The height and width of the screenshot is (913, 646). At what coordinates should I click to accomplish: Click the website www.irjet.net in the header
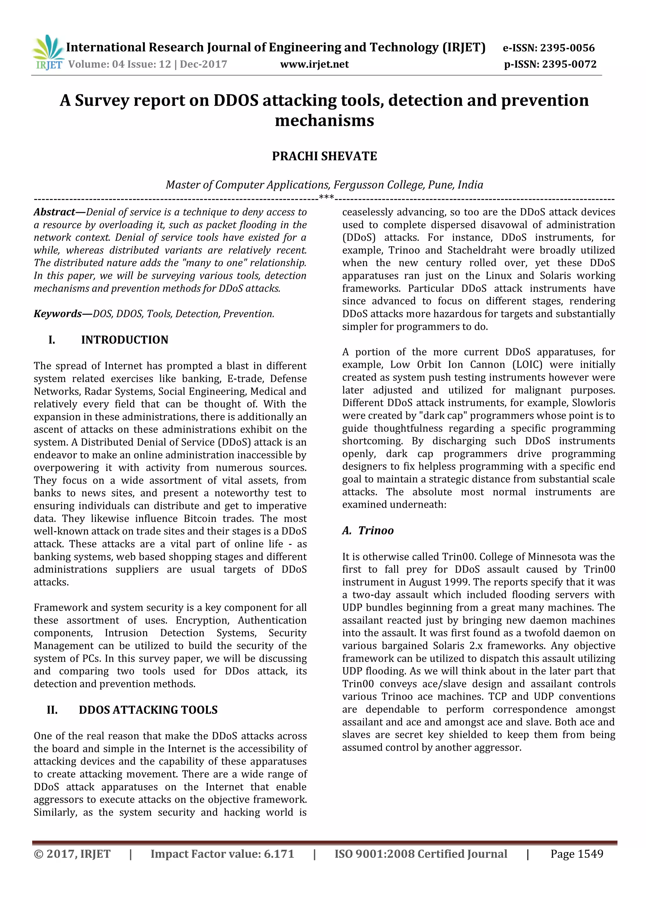point(314,64)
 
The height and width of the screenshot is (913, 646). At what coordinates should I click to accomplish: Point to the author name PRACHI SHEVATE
point(324,156)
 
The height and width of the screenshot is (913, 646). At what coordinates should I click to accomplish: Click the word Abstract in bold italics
point(55,212)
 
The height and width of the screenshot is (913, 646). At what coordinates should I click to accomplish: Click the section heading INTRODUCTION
point(125,340)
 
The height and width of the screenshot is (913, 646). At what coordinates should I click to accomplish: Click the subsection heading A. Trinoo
point(368,530)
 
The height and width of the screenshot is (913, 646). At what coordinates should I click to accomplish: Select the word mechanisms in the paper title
point(324,120)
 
